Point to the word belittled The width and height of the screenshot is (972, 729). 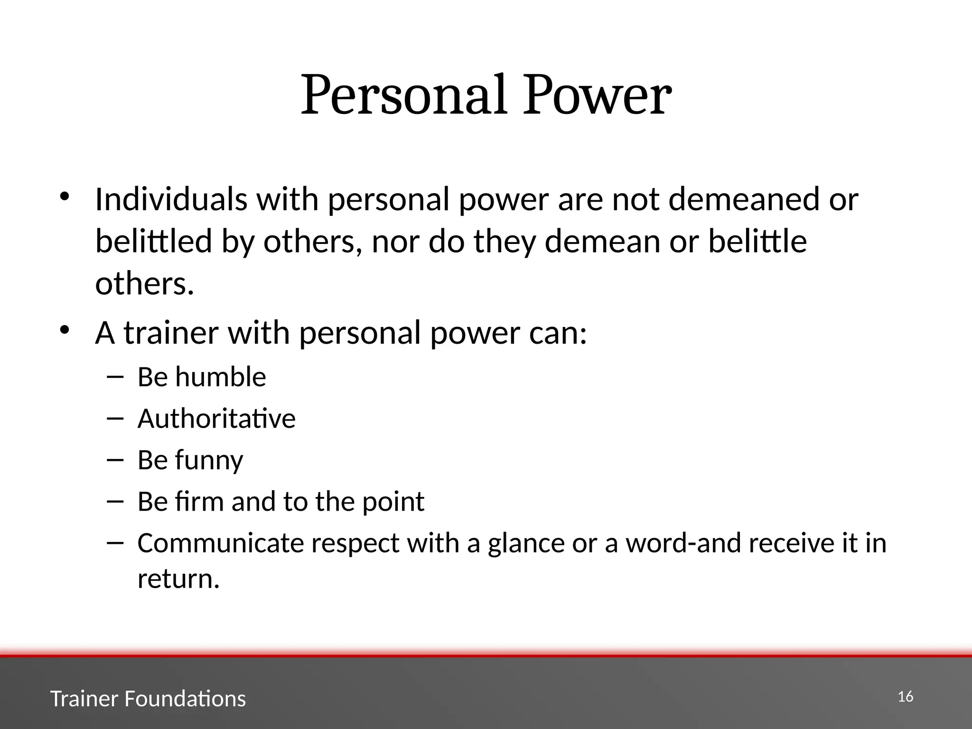tap(153, 241)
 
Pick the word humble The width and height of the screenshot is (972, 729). tap(220, 377)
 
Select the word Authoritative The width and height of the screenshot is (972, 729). tap(216, 419)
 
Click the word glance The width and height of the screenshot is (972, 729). tap(526, 544)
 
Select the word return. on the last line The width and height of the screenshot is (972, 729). tap(178, 579)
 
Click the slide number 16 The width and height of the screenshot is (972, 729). tap(906, 697)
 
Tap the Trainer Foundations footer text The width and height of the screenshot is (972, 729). tap(148, 699)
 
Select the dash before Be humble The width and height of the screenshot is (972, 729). tap(115, 377)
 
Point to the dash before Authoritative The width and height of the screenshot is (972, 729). tap(115, 419)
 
